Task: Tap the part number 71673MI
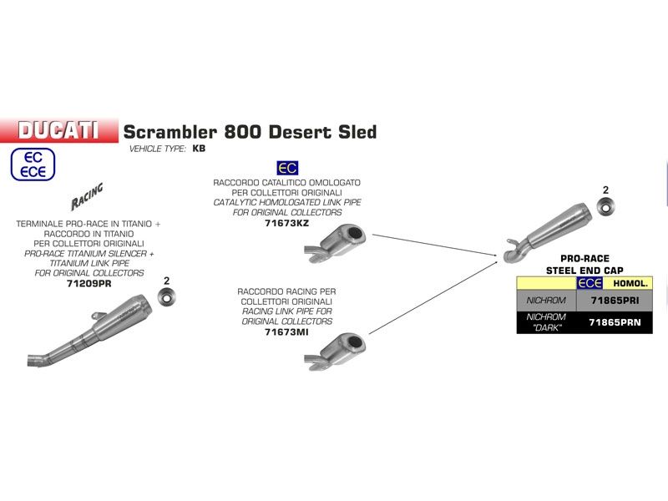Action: (286, 331)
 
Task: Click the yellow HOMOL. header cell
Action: (632, 284)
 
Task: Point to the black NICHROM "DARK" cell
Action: (547, 322)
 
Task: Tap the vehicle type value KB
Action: (198, 149)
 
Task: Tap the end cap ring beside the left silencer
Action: (166, 297)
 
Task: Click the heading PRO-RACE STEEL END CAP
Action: (584, 264)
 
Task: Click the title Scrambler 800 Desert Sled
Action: (250, 132)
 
